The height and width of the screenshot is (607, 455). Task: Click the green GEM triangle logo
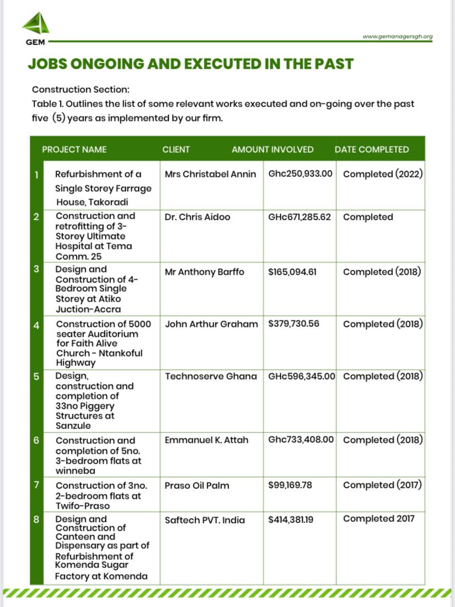(x=36, y=24)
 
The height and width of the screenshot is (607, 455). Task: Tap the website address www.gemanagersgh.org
(x=397, y=37)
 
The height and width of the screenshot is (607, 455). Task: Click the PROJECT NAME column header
(x=74, y=149)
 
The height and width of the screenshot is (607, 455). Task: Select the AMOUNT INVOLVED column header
(x=273, y=149)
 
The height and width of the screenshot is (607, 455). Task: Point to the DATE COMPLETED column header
(x=371, y=149)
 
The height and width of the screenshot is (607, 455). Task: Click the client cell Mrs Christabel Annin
(x=210, y=174)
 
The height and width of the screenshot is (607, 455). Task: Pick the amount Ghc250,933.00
(x=300, y=174)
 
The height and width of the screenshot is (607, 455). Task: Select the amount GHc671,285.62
(x=299, y=217)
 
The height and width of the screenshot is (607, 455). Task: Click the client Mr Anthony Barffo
(x=204, y=271)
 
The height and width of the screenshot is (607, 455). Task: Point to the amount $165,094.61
(x=292, y=271)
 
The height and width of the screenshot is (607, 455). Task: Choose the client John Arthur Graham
(x=211, y=324)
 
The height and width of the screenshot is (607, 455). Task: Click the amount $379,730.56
(x=293, y=324)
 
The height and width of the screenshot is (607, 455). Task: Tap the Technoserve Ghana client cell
(x=210, y=376)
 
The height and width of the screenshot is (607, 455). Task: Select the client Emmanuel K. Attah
(x=207, y=440)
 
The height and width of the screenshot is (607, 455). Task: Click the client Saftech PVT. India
(x=205, y=520)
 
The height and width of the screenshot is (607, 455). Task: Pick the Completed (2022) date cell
(x=382, y=174)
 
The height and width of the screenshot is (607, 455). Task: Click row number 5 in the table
(x=36, y=377)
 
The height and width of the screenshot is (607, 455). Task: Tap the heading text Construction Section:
(x=80, y=89)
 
